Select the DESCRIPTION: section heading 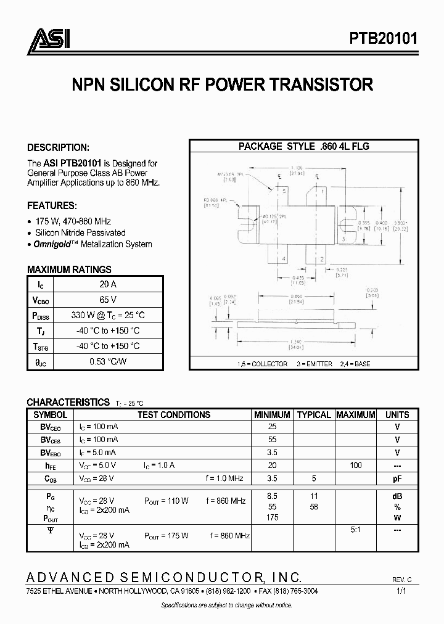58,148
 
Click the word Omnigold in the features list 52,244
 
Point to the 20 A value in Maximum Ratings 108,284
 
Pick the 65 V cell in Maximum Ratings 108,300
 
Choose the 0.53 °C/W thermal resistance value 108,361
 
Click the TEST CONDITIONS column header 173,415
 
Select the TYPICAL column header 313,415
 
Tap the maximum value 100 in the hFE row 355,466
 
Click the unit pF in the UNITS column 397,478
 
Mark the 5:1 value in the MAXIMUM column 356,530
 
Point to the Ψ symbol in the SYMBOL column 50,530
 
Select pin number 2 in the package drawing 321,260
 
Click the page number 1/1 402,591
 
